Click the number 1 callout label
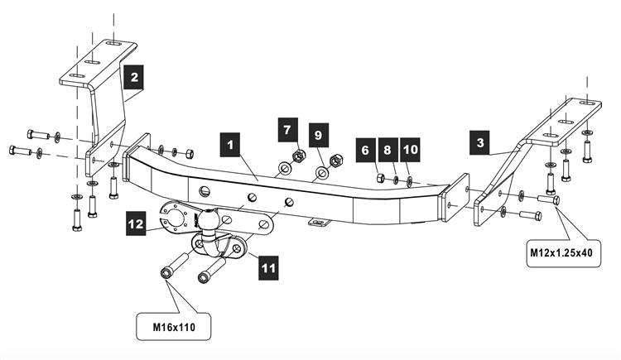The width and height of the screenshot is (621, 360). coord(232,143)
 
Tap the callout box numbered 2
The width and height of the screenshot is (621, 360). coord(133,79)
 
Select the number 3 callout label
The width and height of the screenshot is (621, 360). coord(479,142)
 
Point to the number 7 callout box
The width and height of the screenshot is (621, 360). coord(287,129)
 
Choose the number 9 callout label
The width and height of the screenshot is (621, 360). coord(319,133)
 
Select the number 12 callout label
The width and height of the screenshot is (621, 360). coord(137,222)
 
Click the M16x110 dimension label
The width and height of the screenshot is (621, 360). coord(173,327)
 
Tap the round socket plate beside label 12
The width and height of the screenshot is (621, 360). coord(177,218)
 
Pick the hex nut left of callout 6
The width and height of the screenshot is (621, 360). coord(378,178)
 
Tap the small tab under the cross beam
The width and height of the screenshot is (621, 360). coord(318,221)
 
